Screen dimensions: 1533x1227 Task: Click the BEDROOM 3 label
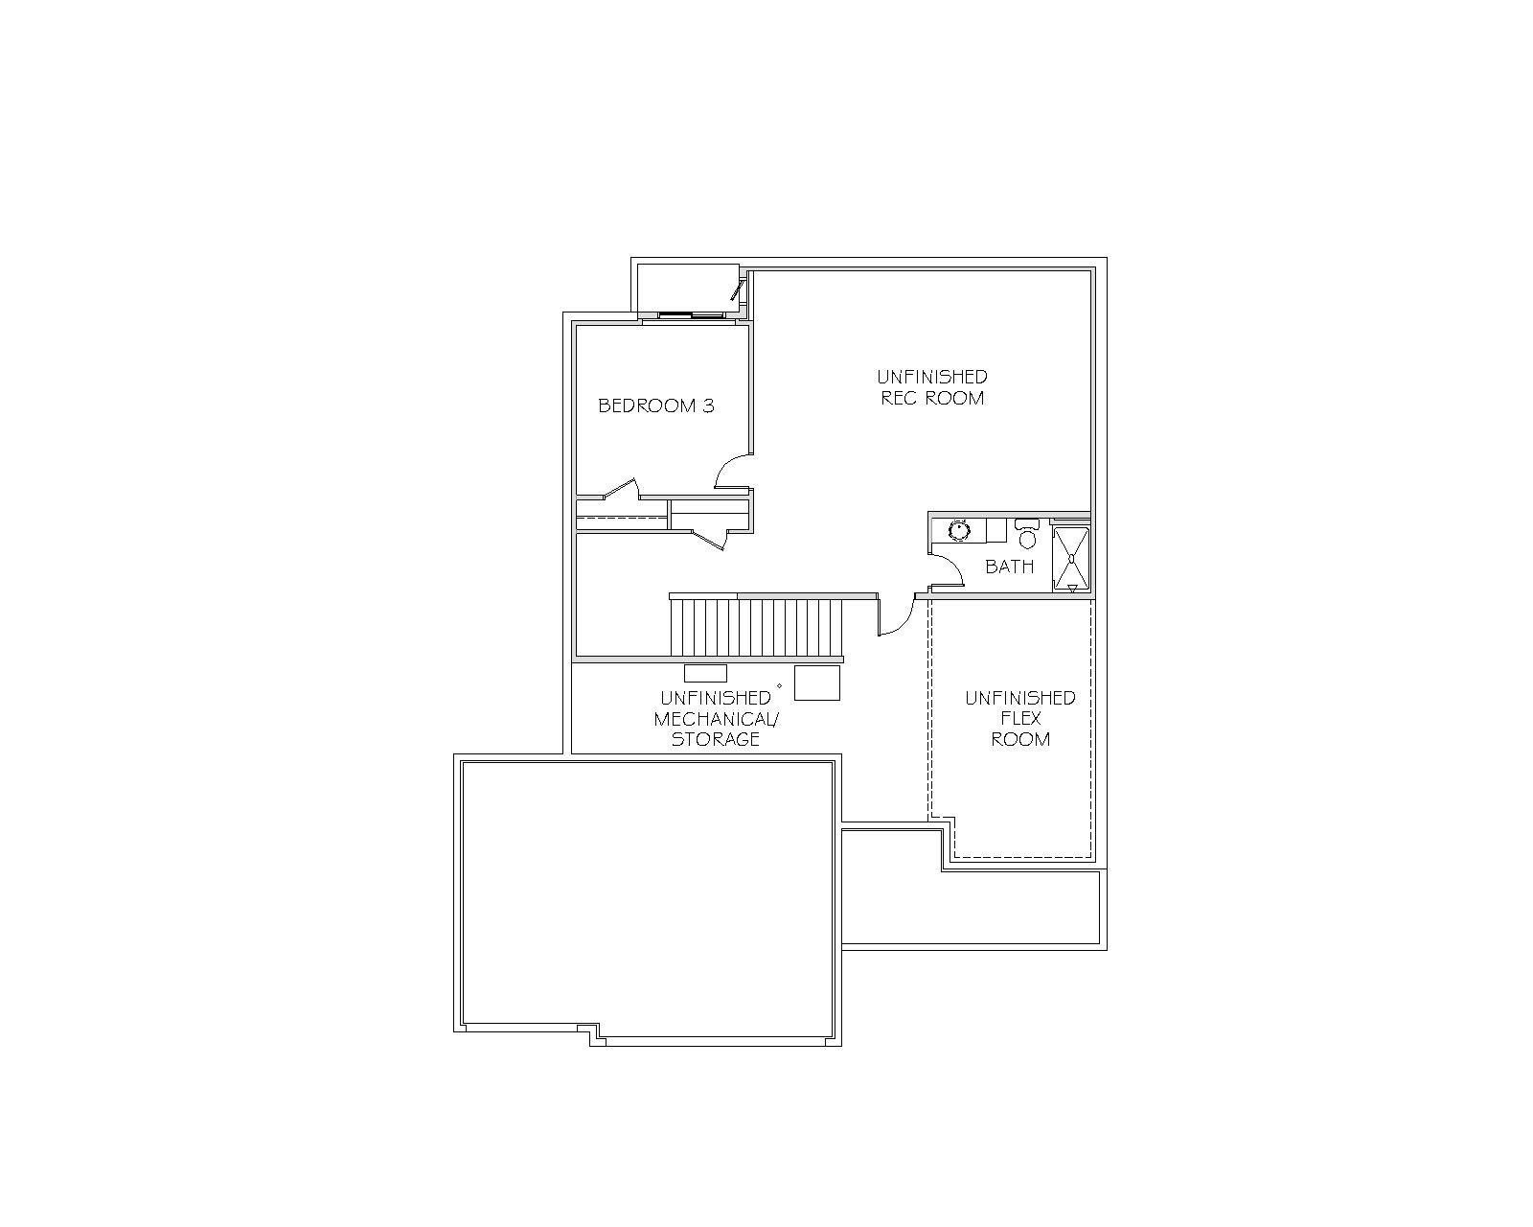click(x=656, y=405)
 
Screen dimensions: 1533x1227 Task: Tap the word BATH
click(x=1010, y=567)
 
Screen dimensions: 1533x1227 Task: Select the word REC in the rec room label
click(x=898, y=398)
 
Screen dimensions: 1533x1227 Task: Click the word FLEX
click(x=1020, y=718)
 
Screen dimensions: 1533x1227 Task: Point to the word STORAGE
click(x=715, y=739)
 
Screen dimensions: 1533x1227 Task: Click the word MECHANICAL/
click(x=717, y=719)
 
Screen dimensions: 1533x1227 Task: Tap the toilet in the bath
click(x=1026, y=534)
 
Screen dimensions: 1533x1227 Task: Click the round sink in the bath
click(x=959, y=531)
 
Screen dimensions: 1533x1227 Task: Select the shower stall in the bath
click(x=1070, y=559)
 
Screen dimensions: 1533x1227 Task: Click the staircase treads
click(x=756, y=627)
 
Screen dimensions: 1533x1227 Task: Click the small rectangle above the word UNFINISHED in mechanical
click(x=705, y=673)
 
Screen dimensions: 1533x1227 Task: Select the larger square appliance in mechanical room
click(x=817, y=683)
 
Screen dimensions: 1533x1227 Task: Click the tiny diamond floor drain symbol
click(x=779, y=685)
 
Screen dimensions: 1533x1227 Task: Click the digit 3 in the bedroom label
click(x=708, y=405)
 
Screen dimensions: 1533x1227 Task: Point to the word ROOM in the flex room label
click(x=1020, y=739)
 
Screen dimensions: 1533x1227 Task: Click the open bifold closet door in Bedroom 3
click(x=620, y=490)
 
